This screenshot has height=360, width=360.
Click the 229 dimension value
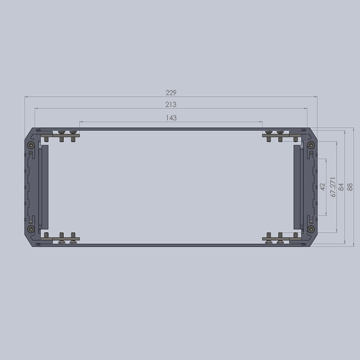(171, 93)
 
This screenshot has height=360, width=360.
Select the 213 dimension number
(171, 104)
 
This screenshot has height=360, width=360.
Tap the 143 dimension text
(171, 118)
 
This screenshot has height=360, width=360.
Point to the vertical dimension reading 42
(322, 186)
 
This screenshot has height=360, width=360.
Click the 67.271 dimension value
(333, 187)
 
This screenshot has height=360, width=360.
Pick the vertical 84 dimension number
(342, 187)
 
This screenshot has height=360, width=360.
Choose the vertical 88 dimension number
(350, 187)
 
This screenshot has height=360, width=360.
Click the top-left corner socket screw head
(31, 145)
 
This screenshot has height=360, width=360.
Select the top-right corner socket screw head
(310, 145)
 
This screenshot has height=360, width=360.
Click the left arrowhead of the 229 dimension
(26, 96)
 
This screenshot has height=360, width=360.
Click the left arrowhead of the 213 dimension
(36, 108)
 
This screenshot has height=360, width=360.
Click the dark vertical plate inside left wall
(44, 187)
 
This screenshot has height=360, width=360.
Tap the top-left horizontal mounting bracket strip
(60, 135)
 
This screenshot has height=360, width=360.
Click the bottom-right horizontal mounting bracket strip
(281, 238)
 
